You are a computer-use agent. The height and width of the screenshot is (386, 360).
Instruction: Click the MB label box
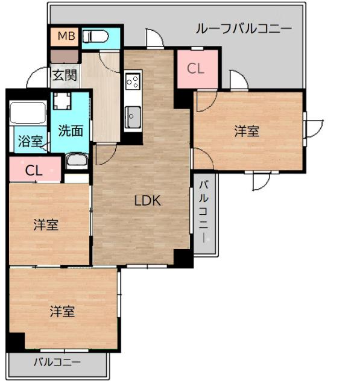tap(65, 37)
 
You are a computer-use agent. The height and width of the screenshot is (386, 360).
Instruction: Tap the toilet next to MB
tap(96, 37)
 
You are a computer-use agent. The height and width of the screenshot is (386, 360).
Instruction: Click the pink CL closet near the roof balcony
tap(195, 69)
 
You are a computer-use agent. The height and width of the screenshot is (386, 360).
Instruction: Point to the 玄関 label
tap(64, 75)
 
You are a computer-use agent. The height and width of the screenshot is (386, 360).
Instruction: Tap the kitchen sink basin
tap(132, 116)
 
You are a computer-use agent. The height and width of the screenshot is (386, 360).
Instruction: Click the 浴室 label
tap(30, 142)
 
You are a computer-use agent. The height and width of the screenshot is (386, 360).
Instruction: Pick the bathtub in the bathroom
tap(29, 114)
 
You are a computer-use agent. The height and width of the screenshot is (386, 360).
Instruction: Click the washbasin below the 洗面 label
tap(75, 160)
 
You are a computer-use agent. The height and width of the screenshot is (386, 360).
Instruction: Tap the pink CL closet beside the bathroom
tap(34, 170)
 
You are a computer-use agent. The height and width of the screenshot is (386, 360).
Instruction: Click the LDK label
tap(147, 201)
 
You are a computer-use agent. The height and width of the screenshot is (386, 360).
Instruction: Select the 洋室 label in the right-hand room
tap(247, 131)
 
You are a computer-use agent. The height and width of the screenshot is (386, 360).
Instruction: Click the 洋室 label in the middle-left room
tap(46, 225)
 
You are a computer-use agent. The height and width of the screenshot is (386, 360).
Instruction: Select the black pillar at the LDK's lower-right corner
tap(182, 258)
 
